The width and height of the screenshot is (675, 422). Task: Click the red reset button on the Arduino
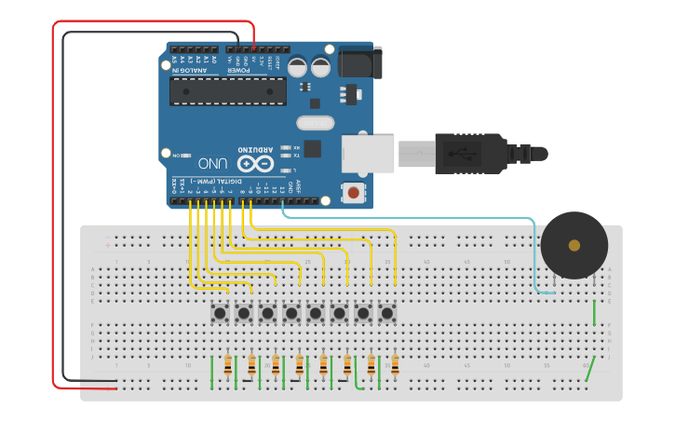(x=354, y=193)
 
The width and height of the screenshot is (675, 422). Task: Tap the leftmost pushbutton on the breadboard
(x=220, y=313)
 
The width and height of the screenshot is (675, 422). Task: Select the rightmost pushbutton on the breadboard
(x=386, y=313)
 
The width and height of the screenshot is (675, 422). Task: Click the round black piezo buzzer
(x=574, y=245)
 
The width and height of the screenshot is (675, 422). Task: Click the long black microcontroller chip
(x=227, y=91)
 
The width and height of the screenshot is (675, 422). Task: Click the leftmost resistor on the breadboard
(x=228, y=364)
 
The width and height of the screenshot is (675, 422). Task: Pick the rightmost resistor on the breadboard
(x=395, y=364)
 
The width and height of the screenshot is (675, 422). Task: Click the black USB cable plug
(x=470, y=153)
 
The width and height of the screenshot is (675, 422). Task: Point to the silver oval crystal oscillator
(x=315, y=122)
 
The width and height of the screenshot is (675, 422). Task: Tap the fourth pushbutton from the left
(x=291, y=313)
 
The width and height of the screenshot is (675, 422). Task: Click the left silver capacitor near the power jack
(x=298, y=67)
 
